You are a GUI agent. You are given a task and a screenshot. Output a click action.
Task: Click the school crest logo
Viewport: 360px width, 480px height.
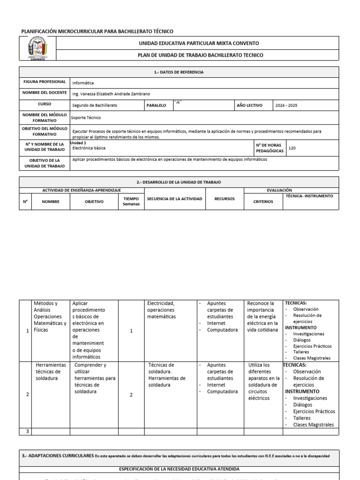[x=37, y=49]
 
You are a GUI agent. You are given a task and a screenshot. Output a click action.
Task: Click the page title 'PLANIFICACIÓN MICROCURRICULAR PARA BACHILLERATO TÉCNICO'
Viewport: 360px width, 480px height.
[x=97, y=31]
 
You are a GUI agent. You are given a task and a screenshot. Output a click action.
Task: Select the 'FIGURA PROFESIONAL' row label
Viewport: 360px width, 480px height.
[x=45, y=82]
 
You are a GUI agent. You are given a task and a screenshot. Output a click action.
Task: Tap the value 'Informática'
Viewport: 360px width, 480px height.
[x=83, y=82]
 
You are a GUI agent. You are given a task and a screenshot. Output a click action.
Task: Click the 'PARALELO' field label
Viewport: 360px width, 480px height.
[x=157, y=105]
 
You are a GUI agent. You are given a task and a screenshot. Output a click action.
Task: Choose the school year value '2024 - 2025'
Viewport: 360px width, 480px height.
[x=286, y=105]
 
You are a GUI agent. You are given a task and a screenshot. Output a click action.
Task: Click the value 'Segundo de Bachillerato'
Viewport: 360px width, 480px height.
[x=95, y=105]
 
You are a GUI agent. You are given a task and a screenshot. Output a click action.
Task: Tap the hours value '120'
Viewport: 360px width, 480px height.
[x=292, y=148]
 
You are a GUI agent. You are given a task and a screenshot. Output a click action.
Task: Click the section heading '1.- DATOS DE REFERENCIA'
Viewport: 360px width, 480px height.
[x=179, y=72]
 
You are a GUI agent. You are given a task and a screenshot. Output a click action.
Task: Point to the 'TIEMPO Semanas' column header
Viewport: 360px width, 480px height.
[x=131, y=201]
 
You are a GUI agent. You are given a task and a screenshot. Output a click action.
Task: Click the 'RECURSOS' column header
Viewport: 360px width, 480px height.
[x=225, y=199]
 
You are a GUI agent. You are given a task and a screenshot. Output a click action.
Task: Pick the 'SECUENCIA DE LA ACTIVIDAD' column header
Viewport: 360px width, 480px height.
[x=174, y=199]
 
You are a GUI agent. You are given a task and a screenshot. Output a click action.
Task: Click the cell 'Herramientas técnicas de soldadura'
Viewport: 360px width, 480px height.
[x=51, y=371]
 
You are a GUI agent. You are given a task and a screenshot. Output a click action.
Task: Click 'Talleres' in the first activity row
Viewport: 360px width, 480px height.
[x=301, y=352]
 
